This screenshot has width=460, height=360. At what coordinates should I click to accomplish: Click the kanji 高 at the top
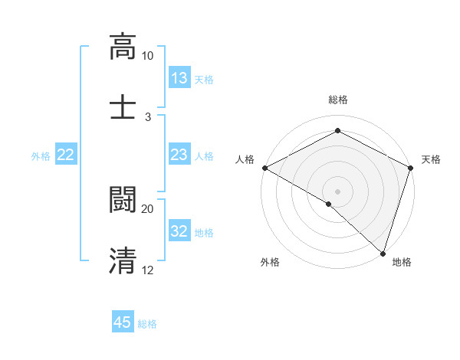coord(123,46)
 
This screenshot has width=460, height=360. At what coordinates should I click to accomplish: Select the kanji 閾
coord(123,198)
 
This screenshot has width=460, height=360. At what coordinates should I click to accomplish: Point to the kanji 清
coord(123,260)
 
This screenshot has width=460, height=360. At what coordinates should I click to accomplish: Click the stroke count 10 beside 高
coord(148,56)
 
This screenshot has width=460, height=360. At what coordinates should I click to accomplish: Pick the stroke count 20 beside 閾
coord(148,208)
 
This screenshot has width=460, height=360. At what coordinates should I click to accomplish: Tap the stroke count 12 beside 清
coord(148,270)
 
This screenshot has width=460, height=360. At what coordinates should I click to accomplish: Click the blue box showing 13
coord(179,78)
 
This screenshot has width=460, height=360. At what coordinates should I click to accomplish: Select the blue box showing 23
coord(179,155)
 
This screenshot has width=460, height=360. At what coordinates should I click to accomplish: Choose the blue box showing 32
coord(179,231)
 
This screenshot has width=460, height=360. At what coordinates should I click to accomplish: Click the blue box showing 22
coord(66,155)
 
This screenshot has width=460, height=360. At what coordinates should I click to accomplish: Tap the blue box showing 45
coord(123,322)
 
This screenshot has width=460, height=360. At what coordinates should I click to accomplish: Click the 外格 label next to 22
coord(41,155)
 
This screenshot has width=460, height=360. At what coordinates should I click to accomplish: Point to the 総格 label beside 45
coord(147,323)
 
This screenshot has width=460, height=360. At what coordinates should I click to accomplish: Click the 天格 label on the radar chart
coord(432,159)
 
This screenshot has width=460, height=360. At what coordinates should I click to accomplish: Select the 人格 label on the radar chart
coord(245,159)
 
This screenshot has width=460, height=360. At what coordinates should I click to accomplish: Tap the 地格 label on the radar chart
coord(402,262)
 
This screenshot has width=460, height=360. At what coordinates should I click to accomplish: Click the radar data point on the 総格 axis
coord(337,130)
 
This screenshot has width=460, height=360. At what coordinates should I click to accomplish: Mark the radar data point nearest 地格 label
coord(383,253)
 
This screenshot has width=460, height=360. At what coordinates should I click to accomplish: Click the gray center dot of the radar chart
coord(337,191)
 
